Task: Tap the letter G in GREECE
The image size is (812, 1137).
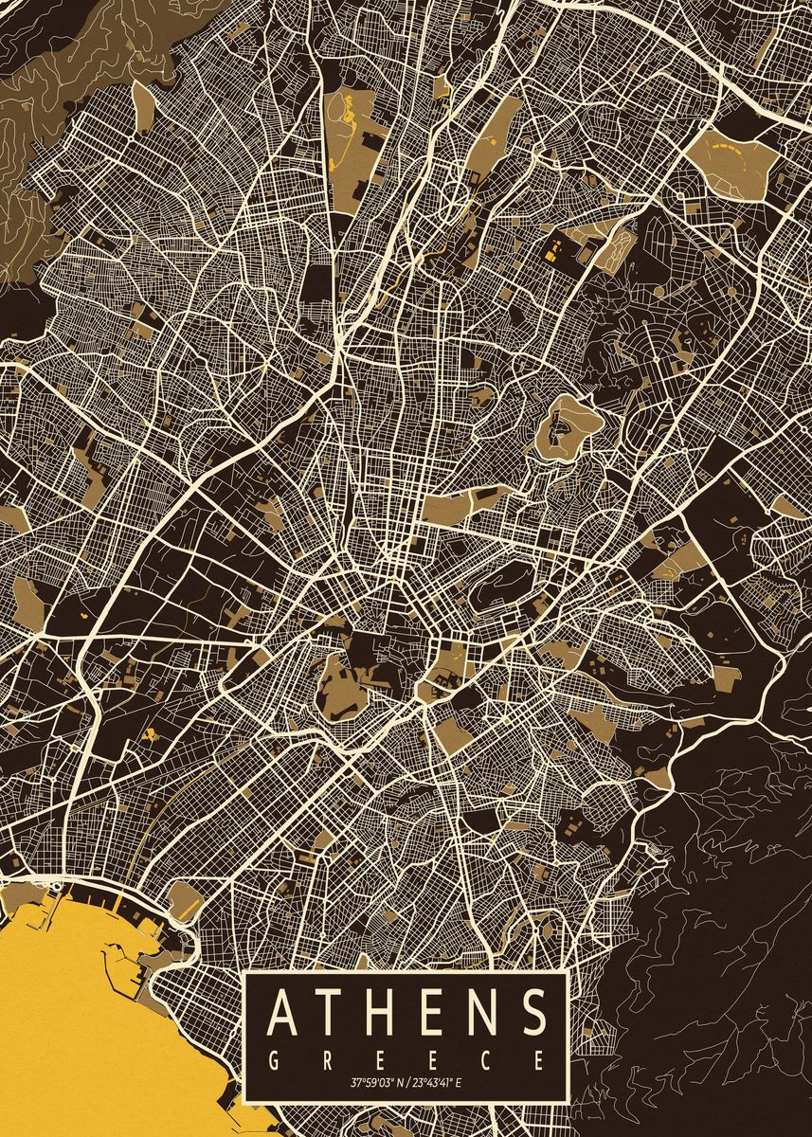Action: point(273,1058)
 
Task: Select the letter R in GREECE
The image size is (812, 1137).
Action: point(327,1058)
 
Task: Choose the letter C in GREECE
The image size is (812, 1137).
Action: point(487,1058)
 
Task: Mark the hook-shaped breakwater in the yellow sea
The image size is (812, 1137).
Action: point(142,957)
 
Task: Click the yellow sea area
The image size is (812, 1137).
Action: point(76,1023)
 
